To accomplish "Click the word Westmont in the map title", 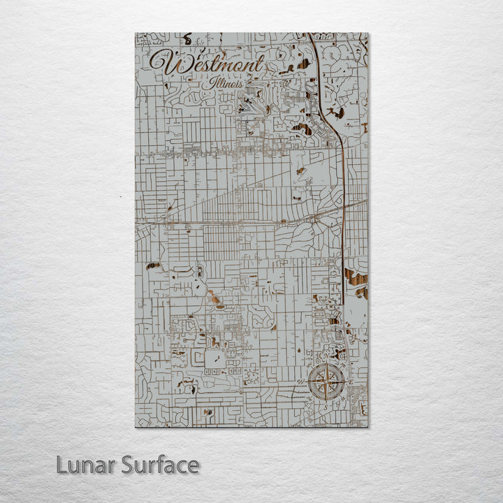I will point(207,64).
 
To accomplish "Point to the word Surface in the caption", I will point(160,465).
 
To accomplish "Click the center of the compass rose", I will point(327,382).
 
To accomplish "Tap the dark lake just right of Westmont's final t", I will point(302,65).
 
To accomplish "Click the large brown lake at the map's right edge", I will point(356,279).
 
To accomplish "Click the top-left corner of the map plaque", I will point(136,33).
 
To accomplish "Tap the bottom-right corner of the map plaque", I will point(367,426).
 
